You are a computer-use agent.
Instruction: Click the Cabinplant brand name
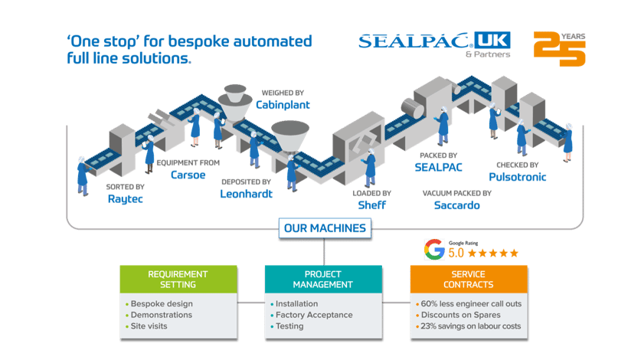point(283,105)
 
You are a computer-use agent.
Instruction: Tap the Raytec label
point(125,199)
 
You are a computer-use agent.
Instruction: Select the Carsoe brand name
point(188,175)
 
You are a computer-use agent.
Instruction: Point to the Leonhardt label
point(246,194)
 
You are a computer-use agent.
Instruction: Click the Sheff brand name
point(371,205)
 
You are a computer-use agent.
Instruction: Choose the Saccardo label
point(456,205)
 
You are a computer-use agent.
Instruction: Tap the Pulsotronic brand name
point(517,177)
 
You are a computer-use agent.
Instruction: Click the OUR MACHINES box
point(325,228)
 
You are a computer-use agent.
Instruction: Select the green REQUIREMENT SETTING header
point(178,280)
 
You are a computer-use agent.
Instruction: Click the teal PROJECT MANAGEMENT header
point(323,280)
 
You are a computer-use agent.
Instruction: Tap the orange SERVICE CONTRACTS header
point(469,280)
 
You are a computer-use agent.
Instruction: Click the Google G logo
point(434,249)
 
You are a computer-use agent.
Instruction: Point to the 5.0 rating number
point(456,254)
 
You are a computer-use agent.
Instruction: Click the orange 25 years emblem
point(560,49)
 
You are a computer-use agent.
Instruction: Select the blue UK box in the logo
point(492,40)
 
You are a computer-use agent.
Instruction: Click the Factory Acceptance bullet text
point(313,315)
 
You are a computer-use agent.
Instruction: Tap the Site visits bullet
point(149,326)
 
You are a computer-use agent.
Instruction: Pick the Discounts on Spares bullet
point(461,315)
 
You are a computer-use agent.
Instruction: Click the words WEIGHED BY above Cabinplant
point(283,93)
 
